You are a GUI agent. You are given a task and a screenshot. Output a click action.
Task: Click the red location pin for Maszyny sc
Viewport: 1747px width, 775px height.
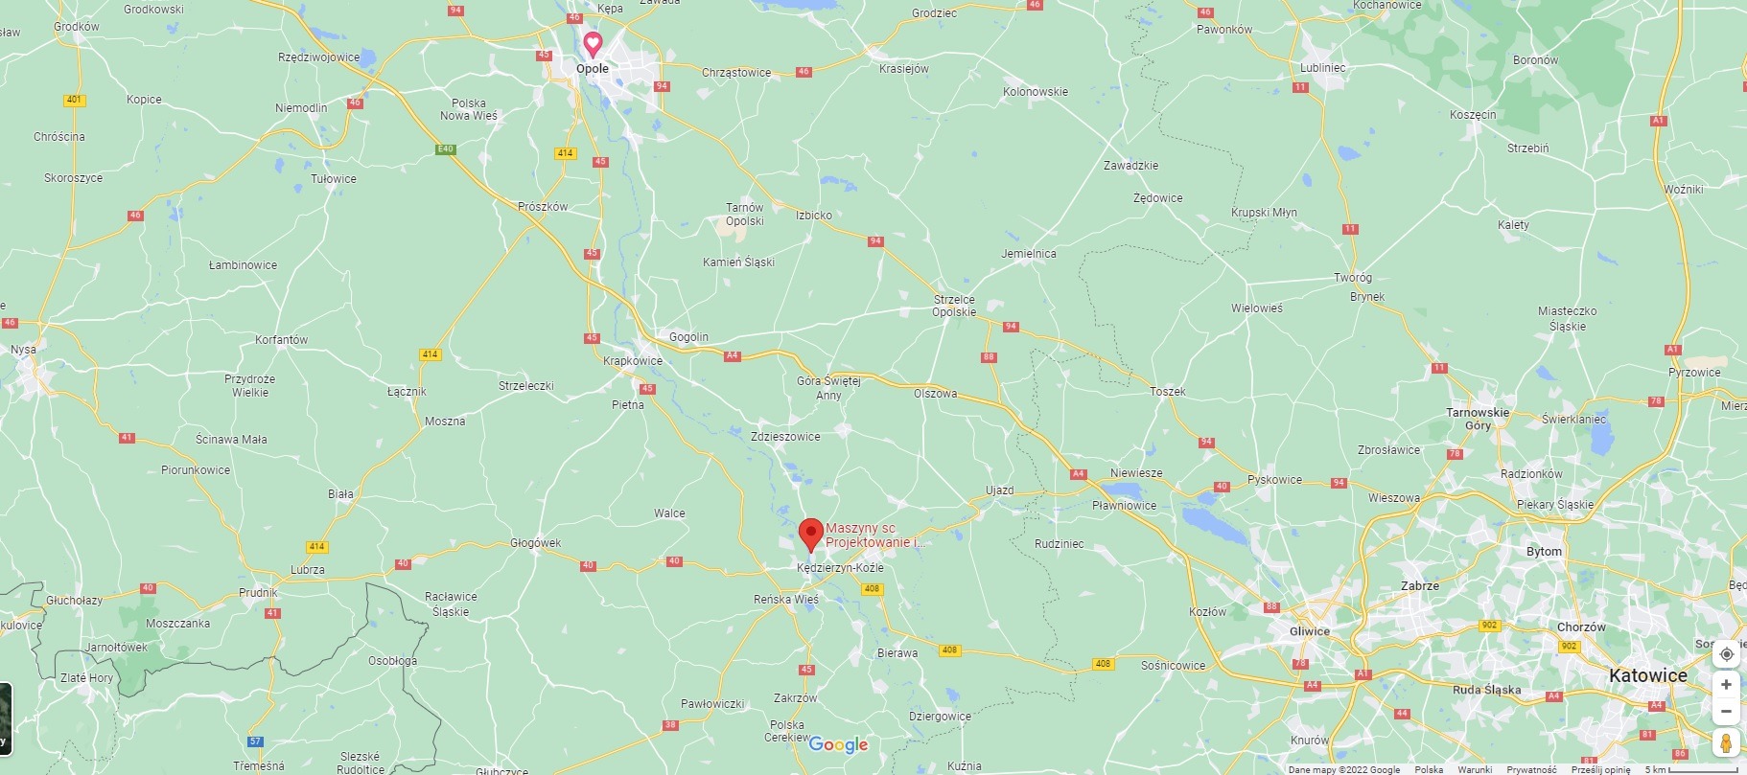pyautogui.click(x=811, y=533)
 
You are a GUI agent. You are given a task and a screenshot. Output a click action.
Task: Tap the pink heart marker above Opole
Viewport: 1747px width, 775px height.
pyautogui.click(x=593, y=43)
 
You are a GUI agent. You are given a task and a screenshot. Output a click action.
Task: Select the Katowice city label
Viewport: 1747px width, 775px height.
pyautogui.click(x=1647, y=675)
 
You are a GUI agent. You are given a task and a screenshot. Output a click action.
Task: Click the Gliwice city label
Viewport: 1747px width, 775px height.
pyautogui.click(x=1309, y=631)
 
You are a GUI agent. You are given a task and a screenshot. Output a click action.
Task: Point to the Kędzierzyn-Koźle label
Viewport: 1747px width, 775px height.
pyautogui.click(x=840, y=568)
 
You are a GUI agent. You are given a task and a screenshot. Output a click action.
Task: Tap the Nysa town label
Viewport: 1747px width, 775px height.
pyautogui.click(x=24, y=350)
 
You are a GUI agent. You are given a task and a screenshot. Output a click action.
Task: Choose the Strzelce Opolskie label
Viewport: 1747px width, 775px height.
pyautogui.click(x=954, y=306)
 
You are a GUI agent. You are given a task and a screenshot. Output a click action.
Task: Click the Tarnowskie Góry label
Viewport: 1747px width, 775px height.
pyautogui.click(x=1478, y=419)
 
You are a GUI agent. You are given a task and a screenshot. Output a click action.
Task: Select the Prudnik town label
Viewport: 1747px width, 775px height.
pyautogui.click(x=258, y=593)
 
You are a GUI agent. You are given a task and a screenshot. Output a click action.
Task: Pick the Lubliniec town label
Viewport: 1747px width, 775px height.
pyautogui.click(x=1322, y=68)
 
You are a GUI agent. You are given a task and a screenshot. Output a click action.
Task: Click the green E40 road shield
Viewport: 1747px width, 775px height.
pyautogui.click(x=445, y=149)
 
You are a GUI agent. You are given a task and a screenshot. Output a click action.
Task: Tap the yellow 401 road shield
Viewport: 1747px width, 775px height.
pyautogui.click(x=74, y=100)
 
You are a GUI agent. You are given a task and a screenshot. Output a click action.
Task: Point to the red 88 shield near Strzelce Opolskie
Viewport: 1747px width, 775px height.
pyautogui.click(x=989, y=357)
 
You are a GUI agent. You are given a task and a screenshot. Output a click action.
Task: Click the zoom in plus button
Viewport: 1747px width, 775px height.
pyautogui.click(x=1726, y=684)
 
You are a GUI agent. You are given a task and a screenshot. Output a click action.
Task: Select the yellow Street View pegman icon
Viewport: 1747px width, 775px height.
pyautogui.click(x=1726, y=742)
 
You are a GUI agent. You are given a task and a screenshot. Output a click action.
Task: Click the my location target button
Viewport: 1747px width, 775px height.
pyautogui.click(x=1726, y=654)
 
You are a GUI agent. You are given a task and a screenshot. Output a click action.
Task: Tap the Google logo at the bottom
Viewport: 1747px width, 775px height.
pyautogui.click(x=838, y=744)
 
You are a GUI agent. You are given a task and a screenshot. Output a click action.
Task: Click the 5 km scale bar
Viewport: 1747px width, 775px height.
pyautogui.click(x=1693, y=769)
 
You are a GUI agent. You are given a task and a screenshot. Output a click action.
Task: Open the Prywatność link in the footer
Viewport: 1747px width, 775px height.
pyautogui.click(x=1531, y=769)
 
